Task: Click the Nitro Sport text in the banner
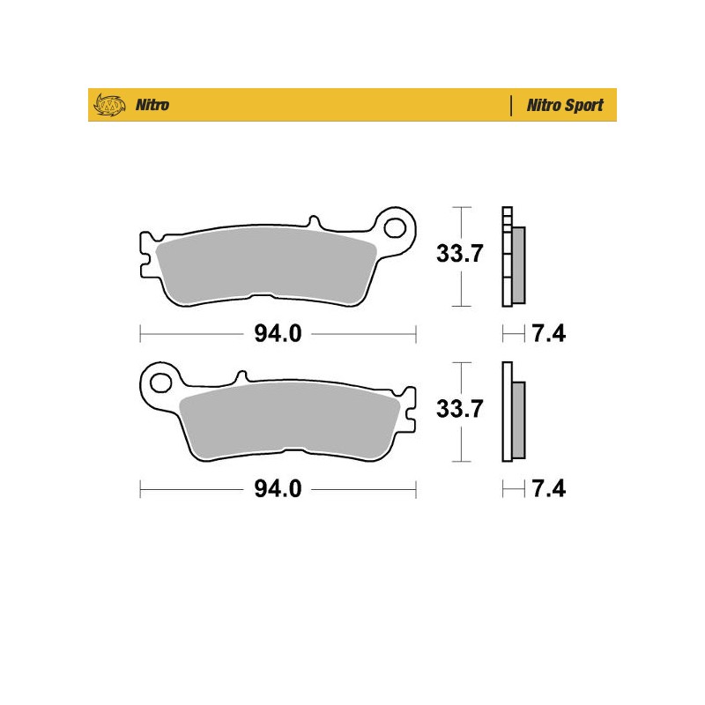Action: point(565,106)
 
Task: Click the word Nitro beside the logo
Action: point(152,106)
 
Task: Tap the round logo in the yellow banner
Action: point(108,105)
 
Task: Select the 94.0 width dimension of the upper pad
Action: point(278,334)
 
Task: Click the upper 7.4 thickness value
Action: point(548,334)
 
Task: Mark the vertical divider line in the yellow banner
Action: point(511,106)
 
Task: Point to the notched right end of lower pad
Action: point(410,406)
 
